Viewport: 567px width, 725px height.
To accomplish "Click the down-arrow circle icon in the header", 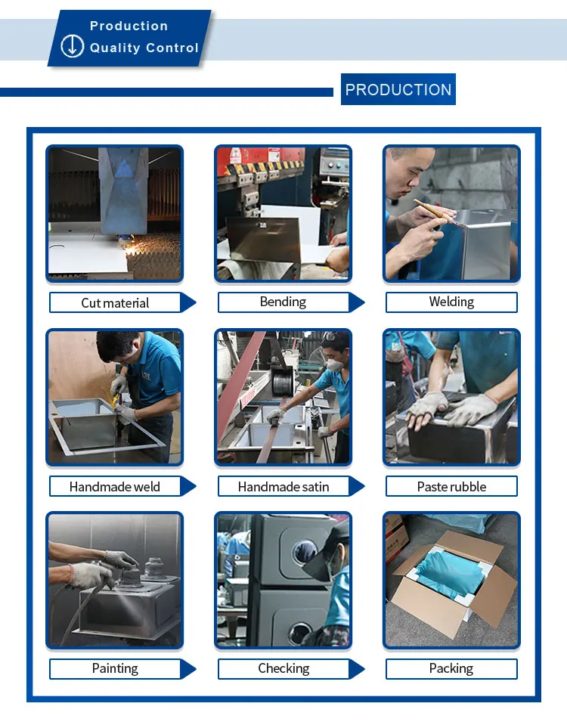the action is point(72,46).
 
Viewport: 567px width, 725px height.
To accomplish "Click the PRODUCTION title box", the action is point(398,89).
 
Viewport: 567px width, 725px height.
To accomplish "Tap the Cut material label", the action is point(115,303).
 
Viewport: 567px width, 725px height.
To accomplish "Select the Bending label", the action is point(283,302).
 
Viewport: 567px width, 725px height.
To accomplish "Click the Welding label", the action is point(451,302).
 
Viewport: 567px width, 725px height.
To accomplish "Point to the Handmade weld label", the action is point(115,486).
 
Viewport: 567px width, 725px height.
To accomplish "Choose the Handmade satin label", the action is point(283,486).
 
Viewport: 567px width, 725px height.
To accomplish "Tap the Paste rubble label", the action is point(451,486).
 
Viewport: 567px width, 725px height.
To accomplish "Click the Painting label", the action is point(115,668).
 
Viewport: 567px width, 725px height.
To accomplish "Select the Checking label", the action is point(283,668).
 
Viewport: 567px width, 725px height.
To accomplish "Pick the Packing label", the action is point(451,668).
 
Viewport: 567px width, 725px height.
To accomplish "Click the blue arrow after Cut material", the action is point(187,303).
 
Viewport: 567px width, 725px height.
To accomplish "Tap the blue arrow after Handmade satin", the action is point(356,486).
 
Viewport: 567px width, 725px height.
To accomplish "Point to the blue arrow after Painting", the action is point(187,669).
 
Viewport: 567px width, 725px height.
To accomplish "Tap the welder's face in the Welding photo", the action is point(407,172).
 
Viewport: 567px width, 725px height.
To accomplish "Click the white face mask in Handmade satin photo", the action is point(335,365).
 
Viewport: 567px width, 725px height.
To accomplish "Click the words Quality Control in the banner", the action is point(144,48).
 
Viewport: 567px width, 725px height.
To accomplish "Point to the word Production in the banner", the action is point(129,26).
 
